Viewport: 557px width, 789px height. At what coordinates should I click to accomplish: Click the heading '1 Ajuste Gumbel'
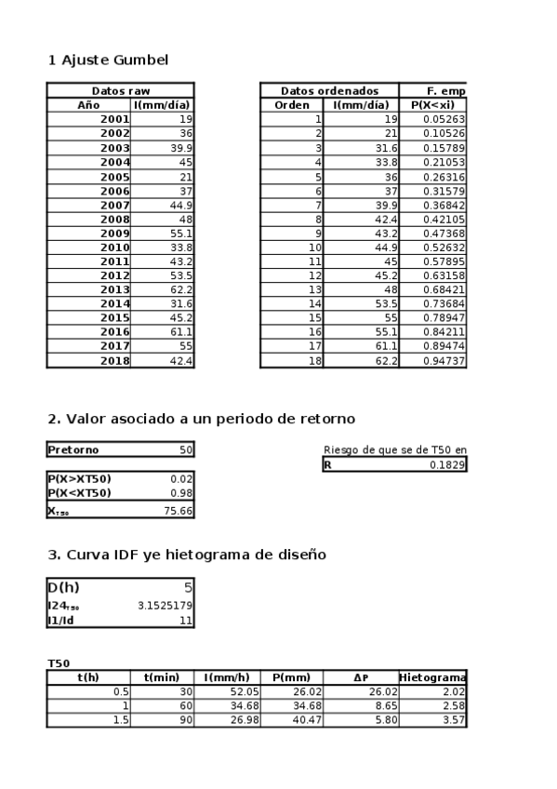click(108, 60)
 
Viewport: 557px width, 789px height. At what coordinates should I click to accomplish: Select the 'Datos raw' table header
click(120, 91)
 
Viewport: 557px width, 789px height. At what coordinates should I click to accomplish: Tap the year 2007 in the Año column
click(115, 205)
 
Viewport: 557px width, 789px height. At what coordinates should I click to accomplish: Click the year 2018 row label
click(115, 360)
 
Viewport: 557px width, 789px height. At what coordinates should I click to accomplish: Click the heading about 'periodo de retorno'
click(201, 419)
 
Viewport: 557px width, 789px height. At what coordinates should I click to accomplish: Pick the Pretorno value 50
click(186, 450)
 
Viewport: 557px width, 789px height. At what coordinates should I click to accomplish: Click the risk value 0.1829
click(446, 465)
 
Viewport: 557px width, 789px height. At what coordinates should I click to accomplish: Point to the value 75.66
click(178, 510)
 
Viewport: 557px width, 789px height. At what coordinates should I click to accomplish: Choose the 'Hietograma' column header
click(432, 677)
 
